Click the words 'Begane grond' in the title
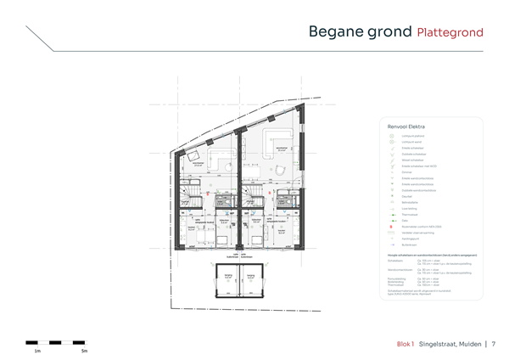[x=359, y=32]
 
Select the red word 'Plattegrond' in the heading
[x=450, y=33]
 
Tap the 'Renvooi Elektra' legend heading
[x=406, y=126]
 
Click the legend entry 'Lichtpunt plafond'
[x=412, y=137]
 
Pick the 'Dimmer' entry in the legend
[x=406, y=172]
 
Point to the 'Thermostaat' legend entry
[x=410, y=214]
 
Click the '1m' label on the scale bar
[x=37, y=350]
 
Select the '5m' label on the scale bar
[x=84, y=350]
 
